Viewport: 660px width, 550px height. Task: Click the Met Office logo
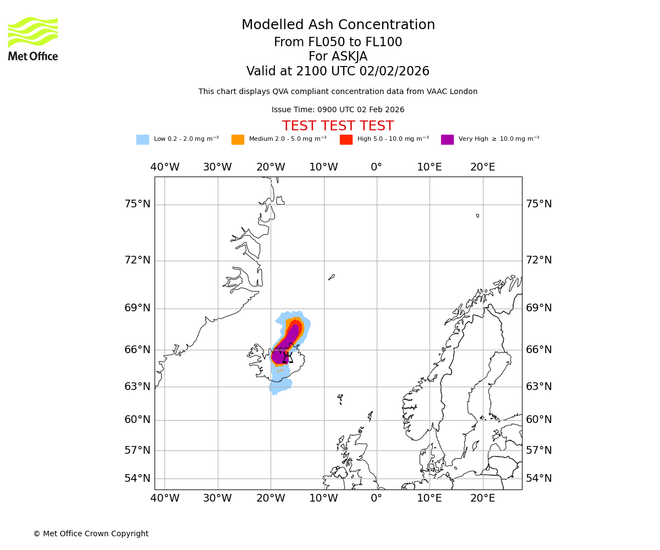click(33, 38)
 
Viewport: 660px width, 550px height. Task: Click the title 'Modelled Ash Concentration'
click(338, 25)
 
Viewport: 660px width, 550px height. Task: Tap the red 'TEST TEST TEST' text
click(338, 126)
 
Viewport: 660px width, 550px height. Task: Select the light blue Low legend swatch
click(142, 140)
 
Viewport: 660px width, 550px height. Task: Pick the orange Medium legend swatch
click(238, 140)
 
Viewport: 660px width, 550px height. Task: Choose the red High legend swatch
click(346, 140)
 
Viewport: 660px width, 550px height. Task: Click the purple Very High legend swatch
click(447, 140)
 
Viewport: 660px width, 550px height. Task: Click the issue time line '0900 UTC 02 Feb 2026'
click(338, 110)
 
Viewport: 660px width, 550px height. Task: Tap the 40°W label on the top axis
click(164, 167)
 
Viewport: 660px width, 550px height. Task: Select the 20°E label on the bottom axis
click(482, 498)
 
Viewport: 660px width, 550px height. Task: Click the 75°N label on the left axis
click(137, 204)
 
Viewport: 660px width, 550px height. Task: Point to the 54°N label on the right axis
click(538, 478)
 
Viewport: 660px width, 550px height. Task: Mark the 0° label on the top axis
click(376, 167)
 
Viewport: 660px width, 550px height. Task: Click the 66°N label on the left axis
click(137, 350)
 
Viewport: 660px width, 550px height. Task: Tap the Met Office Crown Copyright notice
click(91, 533)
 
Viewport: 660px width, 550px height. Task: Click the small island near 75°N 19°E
click(477, 216)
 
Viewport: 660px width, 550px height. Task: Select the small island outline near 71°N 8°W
click(331, 277)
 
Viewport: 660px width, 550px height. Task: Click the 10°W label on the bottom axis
click(323, 498)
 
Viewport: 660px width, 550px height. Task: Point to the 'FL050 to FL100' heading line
click(338, 42)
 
